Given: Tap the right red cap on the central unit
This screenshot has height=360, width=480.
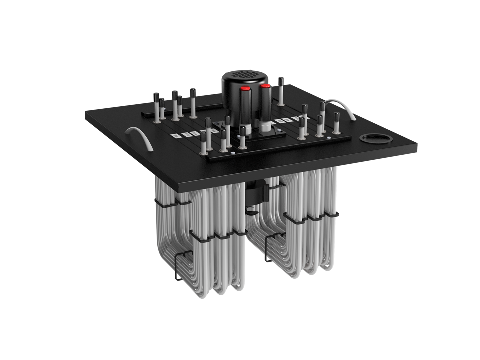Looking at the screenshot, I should pyautogui.click(x=265, y=86).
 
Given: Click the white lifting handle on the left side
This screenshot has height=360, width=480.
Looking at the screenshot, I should pyautogui.click(x=138, y=136).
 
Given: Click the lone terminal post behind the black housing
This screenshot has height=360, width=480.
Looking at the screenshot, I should pyautogui.click(x=281, y=91).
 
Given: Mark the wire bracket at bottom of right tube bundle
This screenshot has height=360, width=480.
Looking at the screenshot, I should pyautogui.click(x=268, y=248).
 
